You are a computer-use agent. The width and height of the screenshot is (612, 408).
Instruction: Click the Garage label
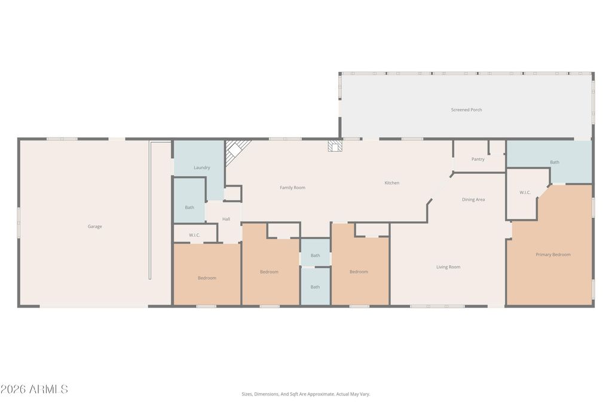pyautogui.click(x=94, y=226)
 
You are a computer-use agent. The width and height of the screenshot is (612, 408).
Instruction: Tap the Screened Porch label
pyautogui.click(x=466, y=110)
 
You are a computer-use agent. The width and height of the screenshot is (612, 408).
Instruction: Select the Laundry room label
pyautogui.click(x=201, y=168)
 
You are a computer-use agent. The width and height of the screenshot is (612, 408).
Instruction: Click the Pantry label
pyautogui.click(x=478, y=159)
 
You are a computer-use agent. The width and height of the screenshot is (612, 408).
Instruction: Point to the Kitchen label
pyautogui.click(x=391, y=183)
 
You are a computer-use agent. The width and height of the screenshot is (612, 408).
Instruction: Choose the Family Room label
pyautogui.click(x=292, y=188)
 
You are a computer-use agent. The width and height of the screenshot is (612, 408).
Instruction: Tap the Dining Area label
pyautogui.click(x=473, y=200)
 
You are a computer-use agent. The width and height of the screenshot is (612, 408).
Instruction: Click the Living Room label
pyautogui.click(x=448, y=267)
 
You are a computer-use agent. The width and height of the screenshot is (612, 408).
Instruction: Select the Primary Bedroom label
pyautogui.click(x=553, y=254)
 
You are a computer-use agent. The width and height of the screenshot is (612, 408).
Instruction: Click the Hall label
pyautogui.click(x=226, y=219)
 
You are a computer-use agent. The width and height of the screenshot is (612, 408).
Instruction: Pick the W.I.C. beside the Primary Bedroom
pyautogui.click(x=525, y=192)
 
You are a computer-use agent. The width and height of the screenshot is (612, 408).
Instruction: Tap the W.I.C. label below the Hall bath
pyautogui.click(x=194, y=235)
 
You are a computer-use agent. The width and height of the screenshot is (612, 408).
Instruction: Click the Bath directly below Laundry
pyautogui.click(x=189, y=207)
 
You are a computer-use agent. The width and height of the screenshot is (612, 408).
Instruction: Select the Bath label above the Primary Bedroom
pyautogui.click(x=555, y=162)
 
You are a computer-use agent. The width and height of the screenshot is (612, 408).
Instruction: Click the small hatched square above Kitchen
pyautogui.click(x=335, y=146)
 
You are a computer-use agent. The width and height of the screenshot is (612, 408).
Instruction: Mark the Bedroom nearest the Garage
pyautogui.click(x=207, y=278)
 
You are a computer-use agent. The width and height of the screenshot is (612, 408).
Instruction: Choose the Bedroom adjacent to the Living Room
pyautogui.click(x=359, y=272)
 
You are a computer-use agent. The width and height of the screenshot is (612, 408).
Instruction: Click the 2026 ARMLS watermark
pyautogui.click(x=34, y=389)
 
